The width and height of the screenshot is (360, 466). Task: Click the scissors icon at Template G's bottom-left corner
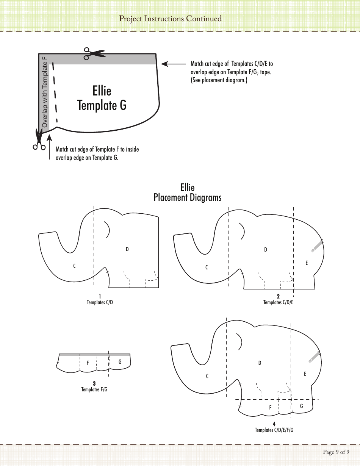[39, 140]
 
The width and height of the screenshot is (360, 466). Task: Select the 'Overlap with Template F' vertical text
[44, 92]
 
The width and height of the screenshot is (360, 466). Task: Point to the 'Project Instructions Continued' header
[170, 19]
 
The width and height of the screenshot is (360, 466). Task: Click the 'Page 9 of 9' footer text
[336, 452]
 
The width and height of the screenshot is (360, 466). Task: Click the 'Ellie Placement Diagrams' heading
[187, 192]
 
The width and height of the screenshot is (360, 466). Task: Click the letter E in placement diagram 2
[307, 263]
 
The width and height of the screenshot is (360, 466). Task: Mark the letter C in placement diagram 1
[75, 266]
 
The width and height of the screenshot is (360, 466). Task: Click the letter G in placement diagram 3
[120, 362]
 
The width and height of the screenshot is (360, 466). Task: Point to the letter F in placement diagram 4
[271, 408]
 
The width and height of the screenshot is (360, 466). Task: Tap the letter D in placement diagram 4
[260, 363]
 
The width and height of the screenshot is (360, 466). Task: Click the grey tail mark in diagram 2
[317, 246]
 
